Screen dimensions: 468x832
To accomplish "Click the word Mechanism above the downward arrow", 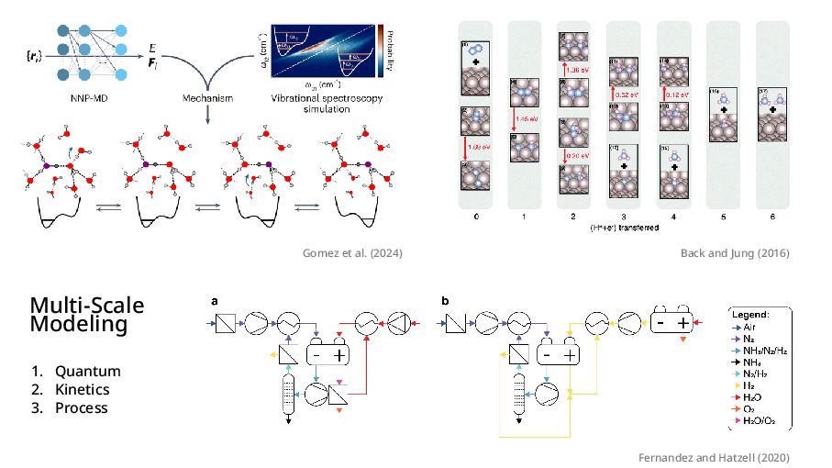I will tap(207, 97).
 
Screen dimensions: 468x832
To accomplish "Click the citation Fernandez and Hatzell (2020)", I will tap(714, 457).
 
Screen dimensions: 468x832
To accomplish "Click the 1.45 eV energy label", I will tap(528, 118).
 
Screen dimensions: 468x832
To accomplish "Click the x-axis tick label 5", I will tap(725, 217).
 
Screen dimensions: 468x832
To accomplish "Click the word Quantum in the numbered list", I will tap(87, 372).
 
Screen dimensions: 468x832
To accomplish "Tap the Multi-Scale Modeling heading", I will tap(86, 315).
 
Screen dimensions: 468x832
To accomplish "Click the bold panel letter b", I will tap(446, 300).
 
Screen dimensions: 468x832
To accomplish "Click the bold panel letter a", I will tap(216, 300).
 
